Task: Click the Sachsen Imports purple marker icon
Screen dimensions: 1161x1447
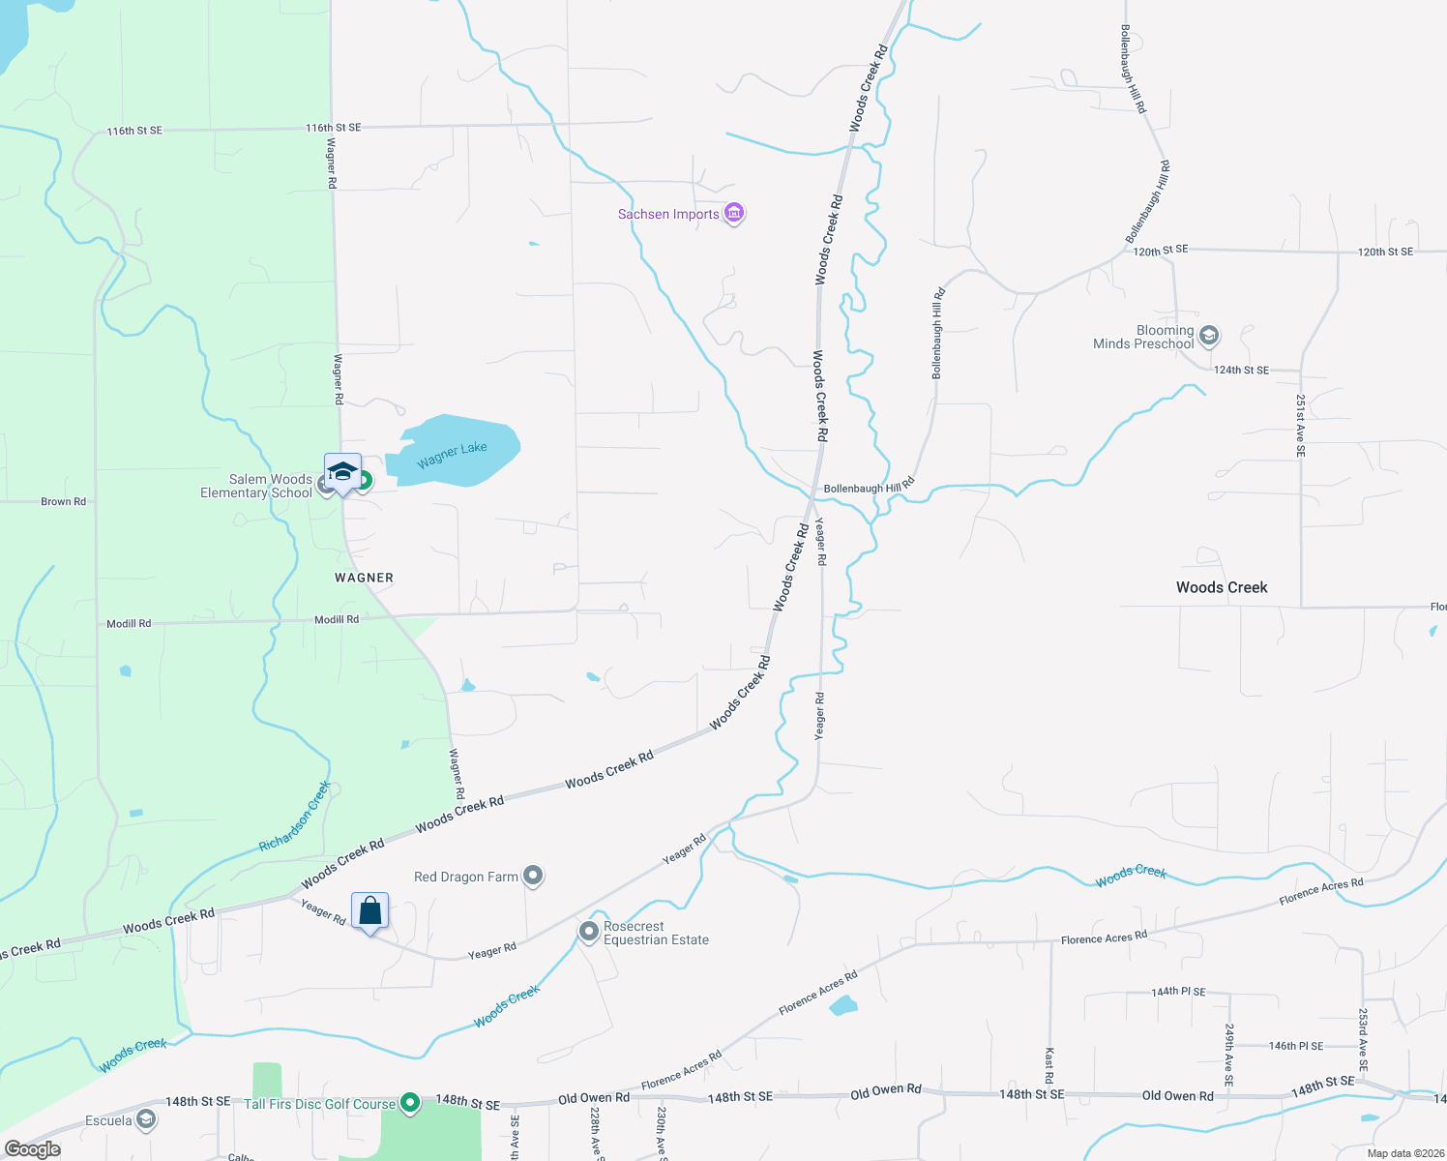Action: pyautogui.click(x=734, y=213)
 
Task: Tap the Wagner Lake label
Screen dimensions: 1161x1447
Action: pyautogui.click(x=452, y=455)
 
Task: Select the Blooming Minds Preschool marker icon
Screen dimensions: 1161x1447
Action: pyautogui.click(x=1208, y=336)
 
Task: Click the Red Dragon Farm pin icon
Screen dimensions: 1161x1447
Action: pyautogui.click(x=533, y=876)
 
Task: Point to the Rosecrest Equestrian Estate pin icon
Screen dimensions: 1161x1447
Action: pyautogui.click(x=589, y=931)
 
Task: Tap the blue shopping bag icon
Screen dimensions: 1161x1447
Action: pyautogui.click(x=370, y=910)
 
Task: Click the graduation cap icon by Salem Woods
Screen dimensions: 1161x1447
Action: pyautogui.click(x=342, y=471)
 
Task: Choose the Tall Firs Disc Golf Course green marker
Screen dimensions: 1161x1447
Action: pyautogui.click(x=410, y=1102)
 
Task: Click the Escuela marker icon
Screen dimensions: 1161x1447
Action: pyautogui.click(x=146, y=1120)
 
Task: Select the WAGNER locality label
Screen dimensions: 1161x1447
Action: pyautogui.click(x=365, y=578)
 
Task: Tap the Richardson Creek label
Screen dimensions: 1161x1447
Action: pyautogui.click(x=295, y=818)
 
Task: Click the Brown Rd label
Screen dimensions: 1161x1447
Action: pyautogui.click(x=63, y=501)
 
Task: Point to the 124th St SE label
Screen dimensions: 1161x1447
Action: pyautogui.click(x=1241, y=370)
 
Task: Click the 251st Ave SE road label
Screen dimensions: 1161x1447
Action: pyautogui.click(x=1301, y=426)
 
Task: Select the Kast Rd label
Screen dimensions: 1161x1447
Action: pyautogui.click(x=1049, y=1064)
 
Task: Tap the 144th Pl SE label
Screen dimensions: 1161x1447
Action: pyautogui.click(x=1178, y=992)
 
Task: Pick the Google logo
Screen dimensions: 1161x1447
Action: pyautogui.click(x=32, y=1149)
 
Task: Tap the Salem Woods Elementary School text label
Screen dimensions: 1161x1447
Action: pyautogui.click(x=256, y=486)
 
